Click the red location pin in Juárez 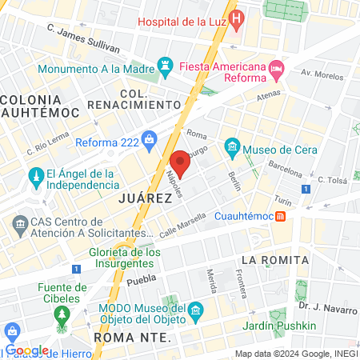(x=180, y=162)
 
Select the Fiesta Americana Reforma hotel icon (x=276, y=70)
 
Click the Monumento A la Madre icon (x=166, y=62)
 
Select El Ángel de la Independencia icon (x=35, y=175)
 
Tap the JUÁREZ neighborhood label (x=145, y=196)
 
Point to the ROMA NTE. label (x=132, y=338)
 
